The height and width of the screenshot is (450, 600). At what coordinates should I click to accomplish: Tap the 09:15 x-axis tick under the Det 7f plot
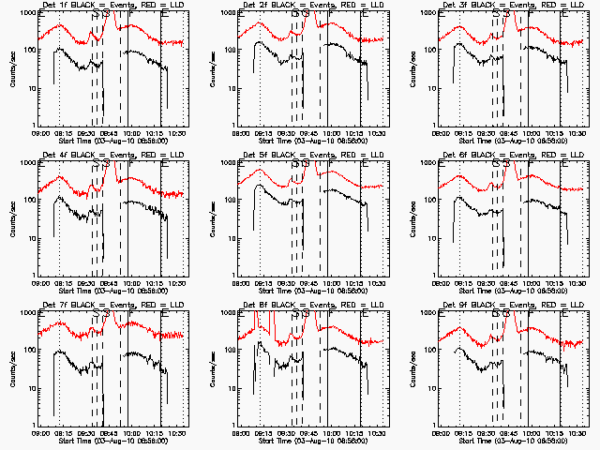(x=64, y=433)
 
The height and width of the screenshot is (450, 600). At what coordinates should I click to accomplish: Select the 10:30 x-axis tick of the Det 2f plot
(x=376, y=133)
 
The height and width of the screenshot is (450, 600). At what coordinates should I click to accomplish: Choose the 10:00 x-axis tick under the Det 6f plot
(x=530, y=283)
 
